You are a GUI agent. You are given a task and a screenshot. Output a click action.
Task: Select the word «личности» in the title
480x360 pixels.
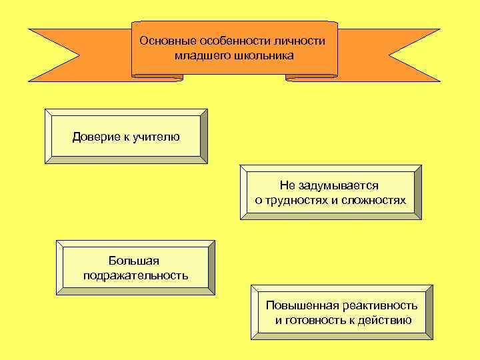click(x=301, y=41)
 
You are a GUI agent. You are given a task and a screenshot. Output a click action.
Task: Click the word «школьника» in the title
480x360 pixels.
click(x=265, y=55)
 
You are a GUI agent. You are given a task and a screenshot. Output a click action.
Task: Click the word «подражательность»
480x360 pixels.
click(x=135, y=275)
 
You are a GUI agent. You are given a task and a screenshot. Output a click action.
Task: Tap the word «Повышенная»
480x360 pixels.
click(x=302, y=306)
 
